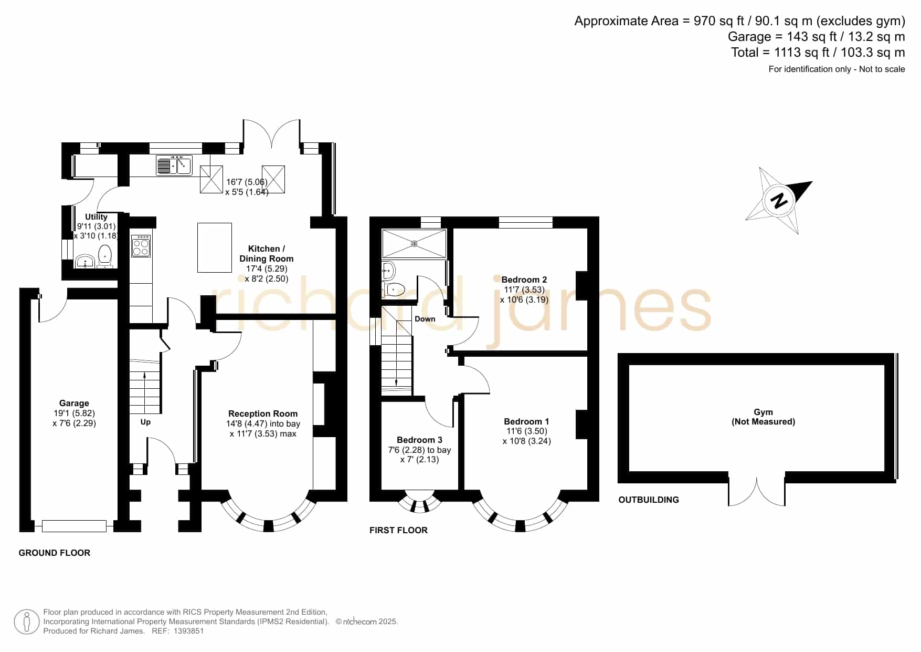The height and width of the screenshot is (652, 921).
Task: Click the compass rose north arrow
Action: [x=779, y=201]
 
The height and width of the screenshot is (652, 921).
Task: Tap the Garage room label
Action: [x=74, y=403]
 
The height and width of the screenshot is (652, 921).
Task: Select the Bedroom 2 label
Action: [x=524, y=280]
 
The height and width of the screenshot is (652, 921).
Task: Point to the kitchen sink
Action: [x=174, y=165]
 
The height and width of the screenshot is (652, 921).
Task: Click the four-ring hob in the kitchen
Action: [x=141, y=246]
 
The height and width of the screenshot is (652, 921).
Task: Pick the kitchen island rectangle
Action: [x=215, y=247]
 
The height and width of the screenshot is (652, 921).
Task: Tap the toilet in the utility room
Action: [x=105, y=256]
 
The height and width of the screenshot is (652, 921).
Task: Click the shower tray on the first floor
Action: [x=414, y=244]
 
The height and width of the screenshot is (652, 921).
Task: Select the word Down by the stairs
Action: [x=425, y=319]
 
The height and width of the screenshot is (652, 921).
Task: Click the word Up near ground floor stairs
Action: [x=145, y=422]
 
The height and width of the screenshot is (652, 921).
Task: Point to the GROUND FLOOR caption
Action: [x=55, y=553]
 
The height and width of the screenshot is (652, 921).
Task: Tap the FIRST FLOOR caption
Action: [x=398, y=530]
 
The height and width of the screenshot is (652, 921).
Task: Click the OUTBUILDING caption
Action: [x=649, y=500]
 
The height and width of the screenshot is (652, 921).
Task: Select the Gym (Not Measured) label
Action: [x=764, y=417]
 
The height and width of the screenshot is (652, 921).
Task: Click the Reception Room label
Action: [x=263, y=413]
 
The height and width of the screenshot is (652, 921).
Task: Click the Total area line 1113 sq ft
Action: [x=818, y=53]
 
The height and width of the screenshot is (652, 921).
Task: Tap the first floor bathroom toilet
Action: [x=395, y=288]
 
